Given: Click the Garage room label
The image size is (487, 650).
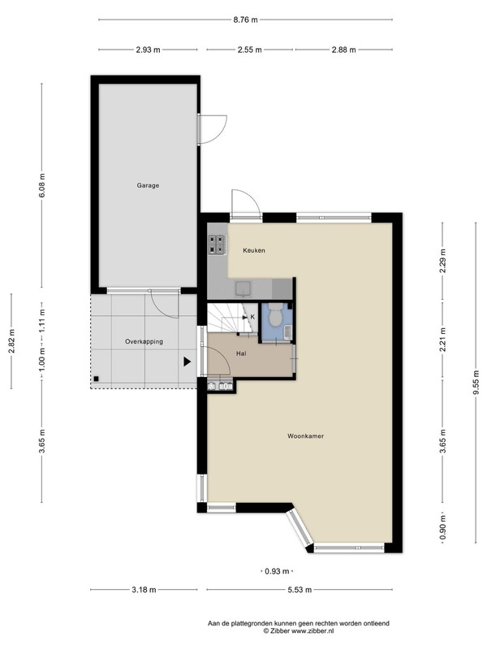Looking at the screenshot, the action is pos(148,185).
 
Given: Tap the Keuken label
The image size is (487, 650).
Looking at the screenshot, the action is pos(254,250).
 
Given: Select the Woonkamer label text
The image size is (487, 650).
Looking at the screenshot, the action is pos(306,436).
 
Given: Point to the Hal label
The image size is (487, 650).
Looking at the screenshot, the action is pos(241,353).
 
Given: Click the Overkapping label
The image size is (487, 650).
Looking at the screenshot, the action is pos(144,341).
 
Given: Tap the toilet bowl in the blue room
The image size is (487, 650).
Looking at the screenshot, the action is pos(275,316).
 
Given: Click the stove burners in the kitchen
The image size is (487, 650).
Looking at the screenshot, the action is pos(218,245).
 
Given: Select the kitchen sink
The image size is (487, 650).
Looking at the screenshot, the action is pos(244,288).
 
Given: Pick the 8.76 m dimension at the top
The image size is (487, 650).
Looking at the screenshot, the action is pos(246,19).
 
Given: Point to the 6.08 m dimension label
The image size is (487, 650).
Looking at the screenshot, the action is pos(42,185).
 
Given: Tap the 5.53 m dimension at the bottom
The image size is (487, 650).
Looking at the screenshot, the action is pos(300,590).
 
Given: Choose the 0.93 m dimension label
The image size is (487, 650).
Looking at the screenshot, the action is pos(277,571).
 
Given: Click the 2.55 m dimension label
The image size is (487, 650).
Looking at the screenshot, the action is pos(250,50).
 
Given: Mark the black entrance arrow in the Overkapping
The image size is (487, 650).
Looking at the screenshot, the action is pos(187,362).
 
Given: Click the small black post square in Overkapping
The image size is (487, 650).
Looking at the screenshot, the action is pos(96,379).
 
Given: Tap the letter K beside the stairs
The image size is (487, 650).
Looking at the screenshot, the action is pos(252,317).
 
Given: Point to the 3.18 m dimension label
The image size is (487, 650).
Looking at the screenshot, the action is pos(144,590).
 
